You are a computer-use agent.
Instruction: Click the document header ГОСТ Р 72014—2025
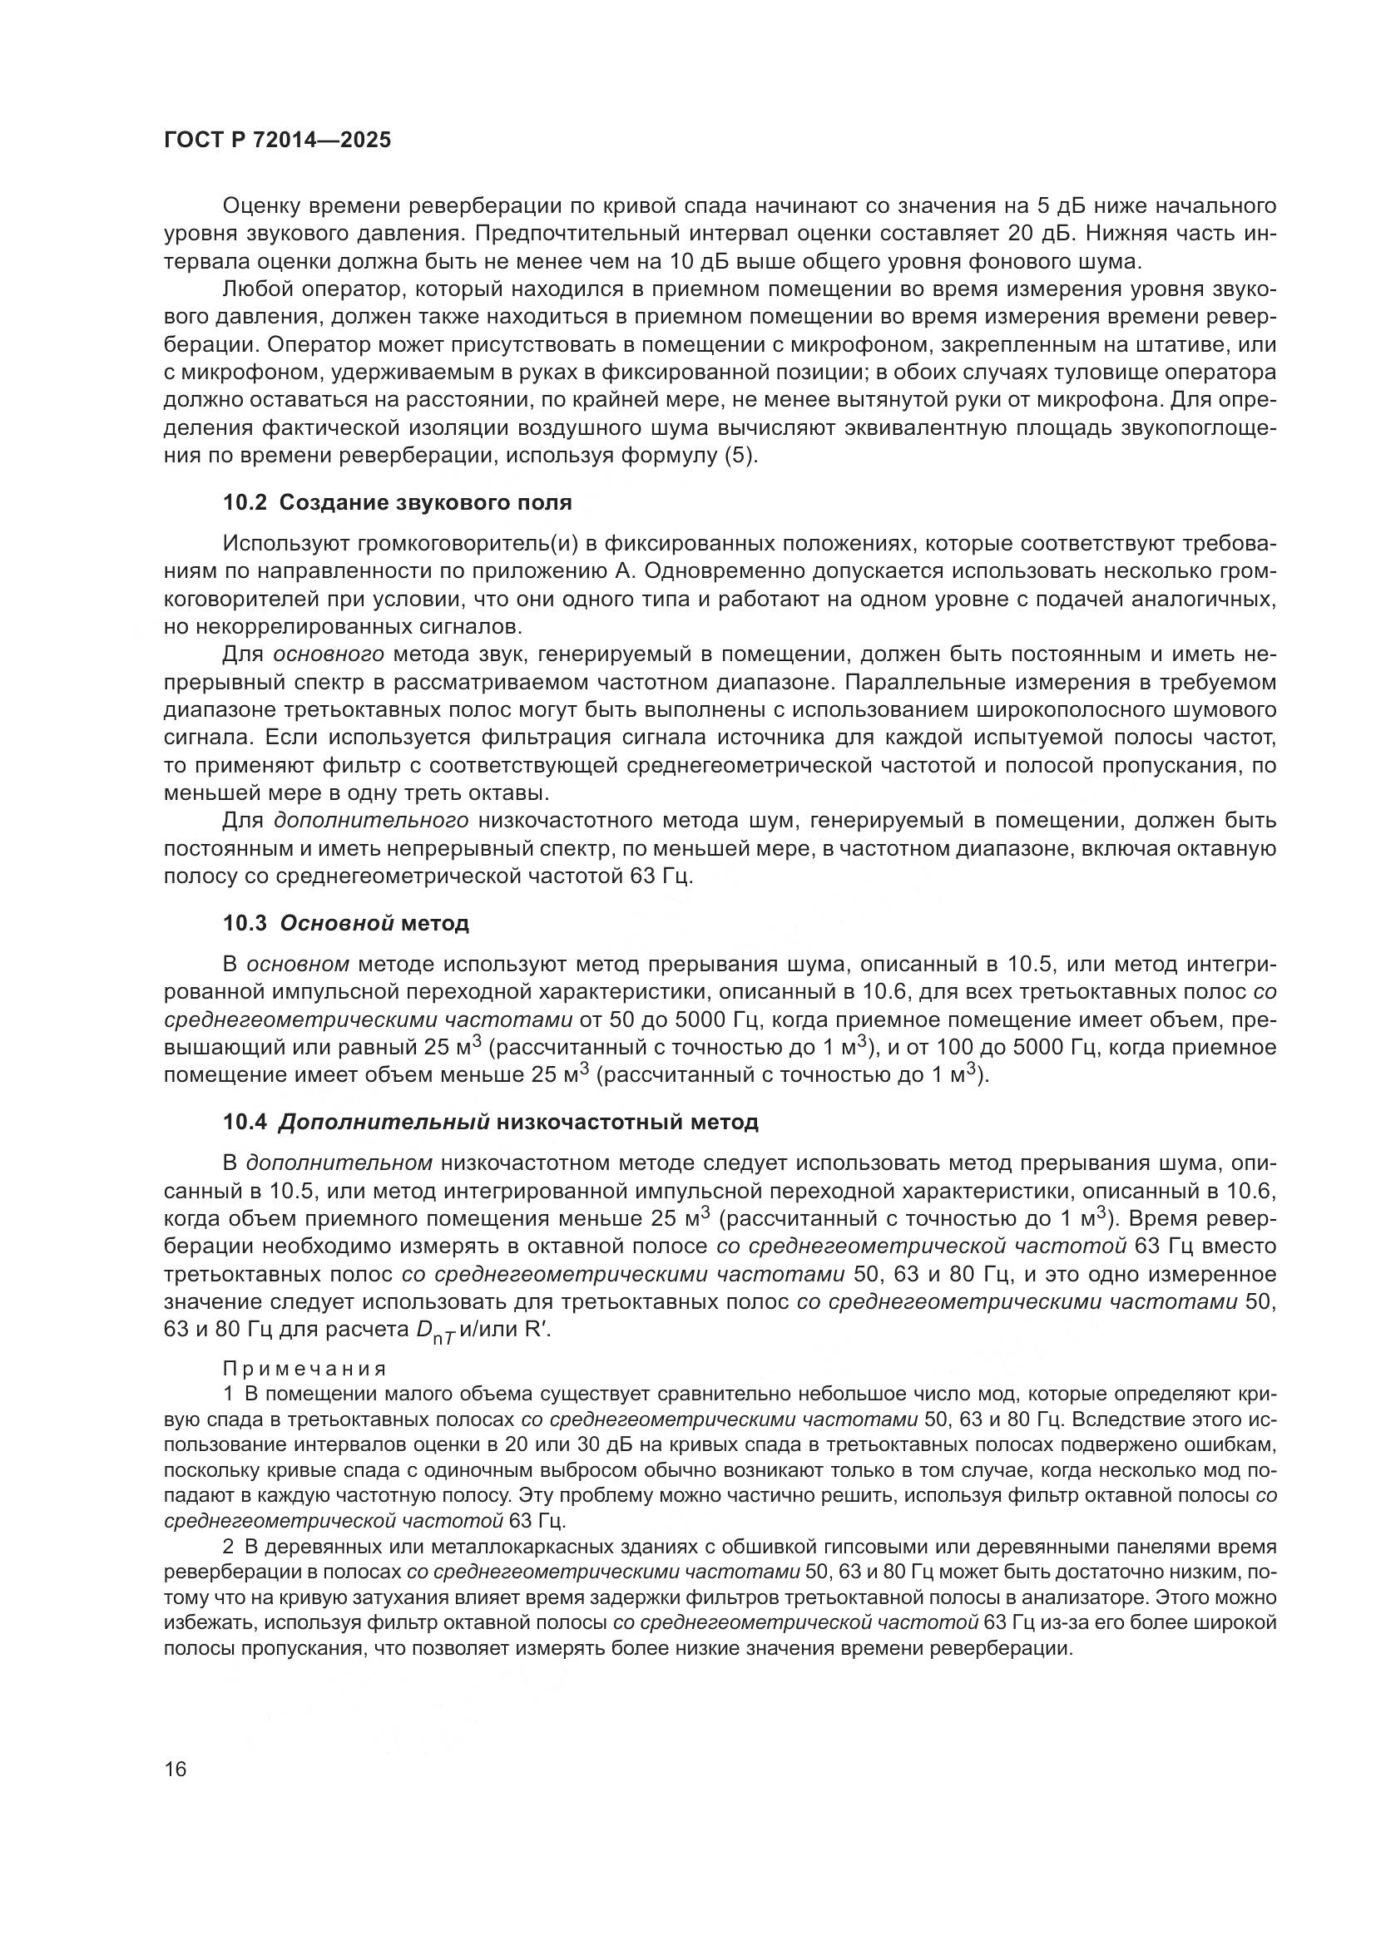(277, 141)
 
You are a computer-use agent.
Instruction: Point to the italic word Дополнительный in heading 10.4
(384, 1123)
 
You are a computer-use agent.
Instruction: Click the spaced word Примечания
(304, 1369)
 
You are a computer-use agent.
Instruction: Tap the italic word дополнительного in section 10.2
(371, 821)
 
